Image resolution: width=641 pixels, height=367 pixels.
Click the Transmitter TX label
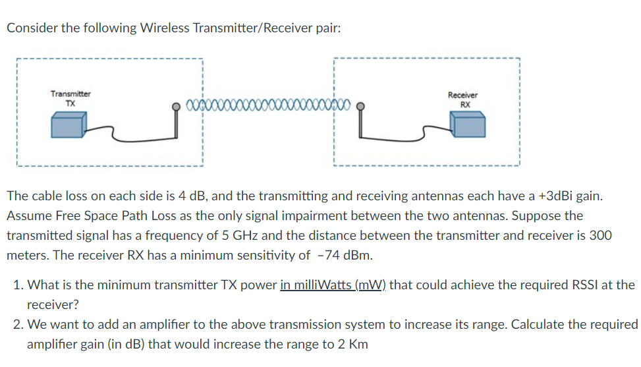coord(70,98)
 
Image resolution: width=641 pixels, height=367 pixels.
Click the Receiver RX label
coord(464,99)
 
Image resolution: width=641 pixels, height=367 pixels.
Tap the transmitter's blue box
coord(69,125)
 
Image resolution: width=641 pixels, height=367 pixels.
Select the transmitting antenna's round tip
coord(176,105)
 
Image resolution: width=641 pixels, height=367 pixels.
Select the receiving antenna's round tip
coord(360,105)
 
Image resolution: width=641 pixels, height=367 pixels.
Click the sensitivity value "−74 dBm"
coord(341,255)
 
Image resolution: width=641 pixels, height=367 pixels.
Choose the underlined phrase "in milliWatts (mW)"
coord(335,285)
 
